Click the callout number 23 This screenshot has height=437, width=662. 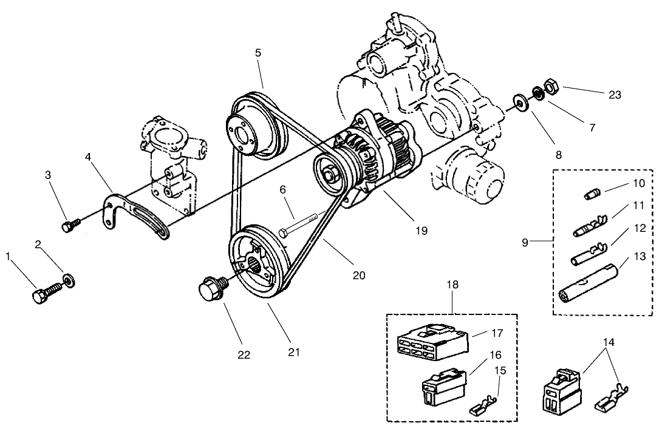click(615, 95)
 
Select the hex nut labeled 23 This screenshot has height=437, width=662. click(551, 87)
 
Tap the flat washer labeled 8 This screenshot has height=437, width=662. click(521, 100)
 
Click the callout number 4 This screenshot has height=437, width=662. click(88, 156)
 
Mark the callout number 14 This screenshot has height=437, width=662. click(609, 342)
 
